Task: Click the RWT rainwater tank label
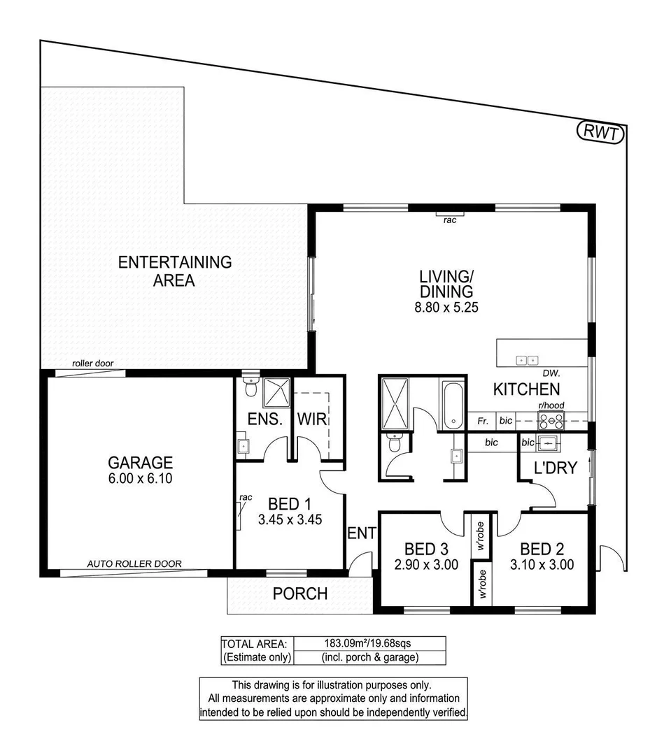(x=601, y=132)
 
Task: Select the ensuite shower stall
(x=276, y=393)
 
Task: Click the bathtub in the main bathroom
(x=453, y=404)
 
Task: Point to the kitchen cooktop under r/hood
(x=551, y=421)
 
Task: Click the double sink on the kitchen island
(x=527, y=360)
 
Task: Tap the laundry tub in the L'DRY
(x=549, y=443)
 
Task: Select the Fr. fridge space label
(x=483, y=422)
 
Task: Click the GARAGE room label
(x=140, y=462)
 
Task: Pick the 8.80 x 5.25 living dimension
(x=446, y=307)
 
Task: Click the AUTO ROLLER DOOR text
(x=134, y=563)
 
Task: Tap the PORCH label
(x=300, y=594)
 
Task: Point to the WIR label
(x=312, y=419)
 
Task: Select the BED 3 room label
(x=426, y=549)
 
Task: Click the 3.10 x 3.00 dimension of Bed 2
(x=542, y=564)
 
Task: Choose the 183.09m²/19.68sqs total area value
(x=368, y=643)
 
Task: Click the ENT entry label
(x=362, y=533)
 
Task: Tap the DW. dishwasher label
(x=551, y=373)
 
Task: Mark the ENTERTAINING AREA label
(x=174, y=271)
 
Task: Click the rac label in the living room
(x=450, y=220)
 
